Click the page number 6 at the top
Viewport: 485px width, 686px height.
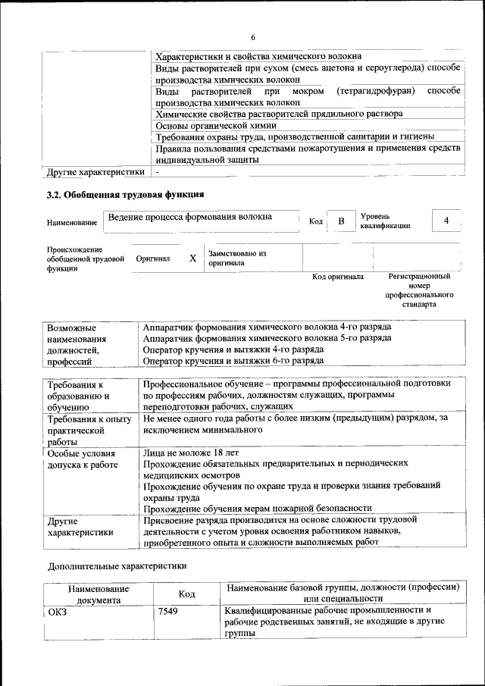click(253, 38)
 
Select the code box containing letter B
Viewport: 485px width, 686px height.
click(341, 221)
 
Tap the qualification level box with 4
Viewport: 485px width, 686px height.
click(446, 220)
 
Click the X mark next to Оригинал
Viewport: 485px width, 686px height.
click(192, 258)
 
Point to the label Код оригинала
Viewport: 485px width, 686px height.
click(338, 277)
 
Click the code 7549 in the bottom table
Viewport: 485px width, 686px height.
click(168, 611)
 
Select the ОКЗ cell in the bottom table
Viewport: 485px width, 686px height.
click(58, 611)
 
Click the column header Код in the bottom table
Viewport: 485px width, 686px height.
click(187, 594)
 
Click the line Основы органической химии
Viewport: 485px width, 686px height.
click(215, 125)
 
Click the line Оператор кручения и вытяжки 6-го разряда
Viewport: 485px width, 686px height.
click(233, 361)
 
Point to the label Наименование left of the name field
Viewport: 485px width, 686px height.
click(72, 223)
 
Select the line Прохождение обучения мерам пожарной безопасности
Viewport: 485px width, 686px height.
click(257, 508)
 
